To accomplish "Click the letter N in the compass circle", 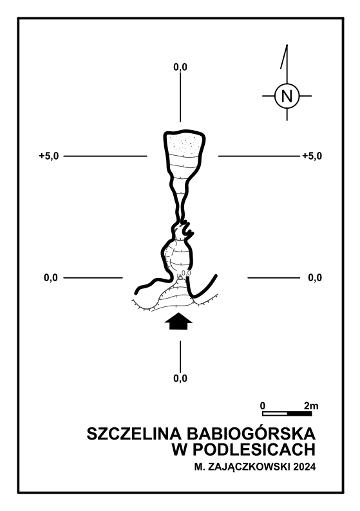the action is pyautogui.click(x=287, y=96).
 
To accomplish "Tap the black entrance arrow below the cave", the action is pyautogui.click(x=178, y=321).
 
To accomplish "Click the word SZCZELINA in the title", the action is pyautogui.click(x=134, y=433).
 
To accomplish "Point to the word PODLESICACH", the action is pyautogui.click(x=254, y=449).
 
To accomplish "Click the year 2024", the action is pyautogui.click(x=304, y=467).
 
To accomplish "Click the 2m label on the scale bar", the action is pyautogui.click(x=311, y=406).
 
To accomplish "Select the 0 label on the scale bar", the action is pyautogui.click(x=263, y=406).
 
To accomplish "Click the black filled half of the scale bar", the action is pyautogui.click(x=299, y=414).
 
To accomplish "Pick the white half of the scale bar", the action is pyautogui.click(x=275, y=414).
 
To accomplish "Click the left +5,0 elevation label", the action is pyautogui.click(x=49, y=156).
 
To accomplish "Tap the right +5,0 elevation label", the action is pyautogui.click(x=312, y=156).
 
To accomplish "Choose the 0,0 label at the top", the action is pyautogui.click(x=180, y=67).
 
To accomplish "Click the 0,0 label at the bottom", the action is pyautogui.click(x=180, y=378).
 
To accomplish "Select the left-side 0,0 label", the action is pyautogui.click(x=51, y=277).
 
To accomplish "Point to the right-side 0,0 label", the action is pyautogui.click(x=315, y=277).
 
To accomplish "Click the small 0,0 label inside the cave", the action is pyautogui.click(x=186, y=272).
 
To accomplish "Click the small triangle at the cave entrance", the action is pyautogui.click(x=179, y=277).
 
